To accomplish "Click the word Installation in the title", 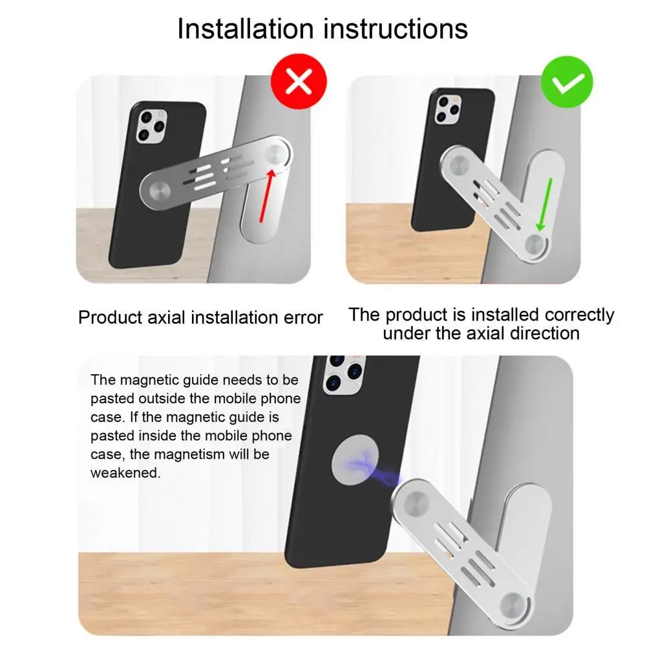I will [x=243, y=29].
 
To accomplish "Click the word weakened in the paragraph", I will [x=125, y=473].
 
